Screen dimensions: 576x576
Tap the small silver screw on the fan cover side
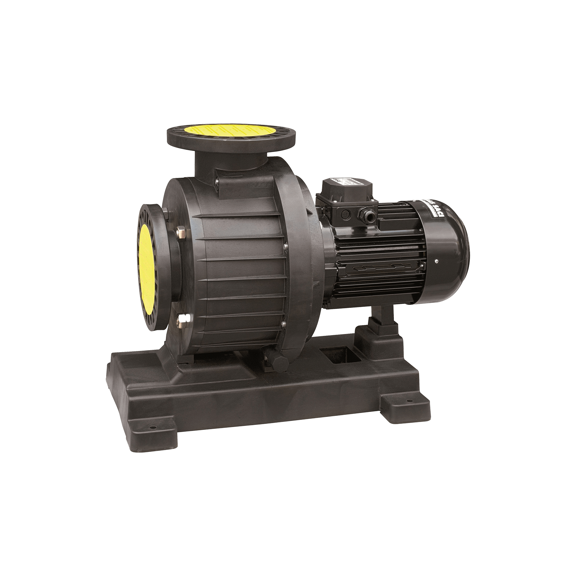coord(436,262)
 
